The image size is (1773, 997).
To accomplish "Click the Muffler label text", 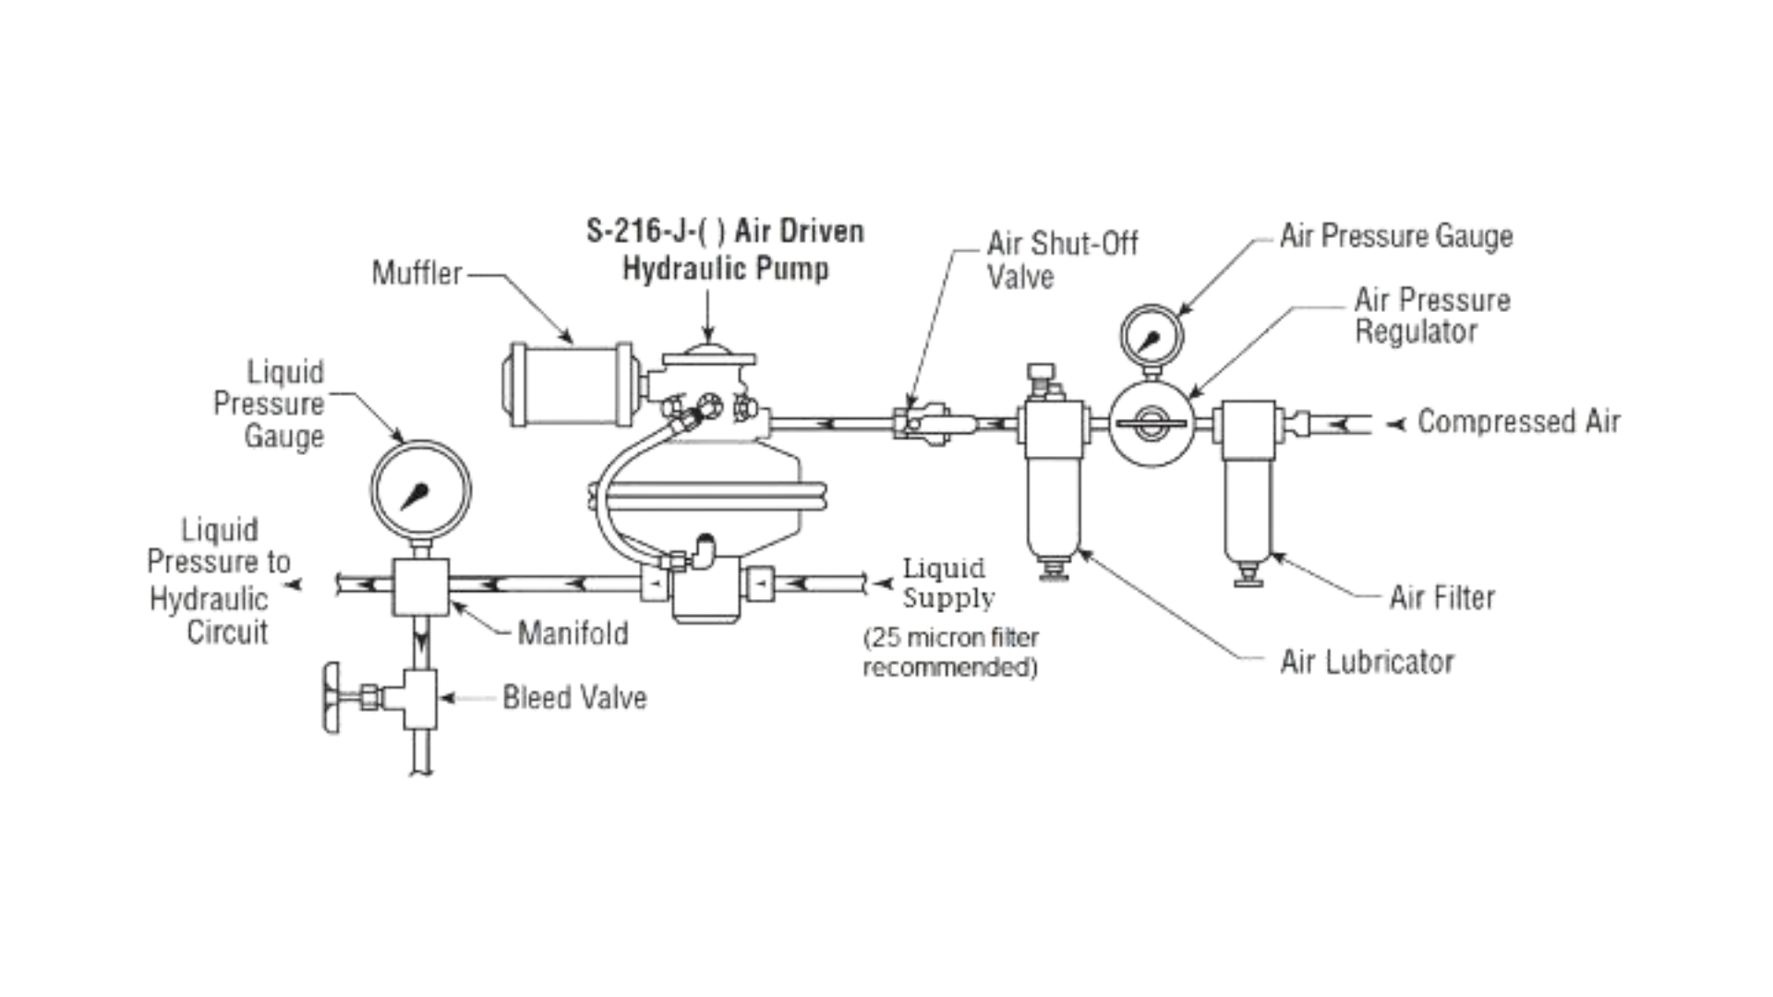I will tap(416, 273).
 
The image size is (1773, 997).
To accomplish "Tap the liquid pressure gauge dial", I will tap(420, 489).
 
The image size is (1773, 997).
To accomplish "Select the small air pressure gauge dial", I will tap(1151, 336).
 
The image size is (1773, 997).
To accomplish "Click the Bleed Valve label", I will tap(573, 698).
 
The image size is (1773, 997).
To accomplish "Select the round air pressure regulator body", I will tap(1151, 425).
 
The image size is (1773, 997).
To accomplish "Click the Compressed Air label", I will tap(1517, 422).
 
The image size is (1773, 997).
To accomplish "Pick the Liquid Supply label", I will tap(947, 583).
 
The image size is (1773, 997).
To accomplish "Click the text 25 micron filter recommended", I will tap(950, 652).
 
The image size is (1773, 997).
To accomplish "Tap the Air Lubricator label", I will tap(1366, 662).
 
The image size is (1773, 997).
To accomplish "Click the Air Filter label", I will tap(1441, 597).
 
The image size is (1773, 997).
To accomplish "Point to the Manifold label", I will tap(573, 633).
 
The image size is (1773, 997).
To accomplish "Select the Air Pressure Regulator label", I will tap(1430, 316).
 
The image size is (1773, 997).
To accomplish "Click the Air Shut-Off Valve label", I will tap(1061, 259).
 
